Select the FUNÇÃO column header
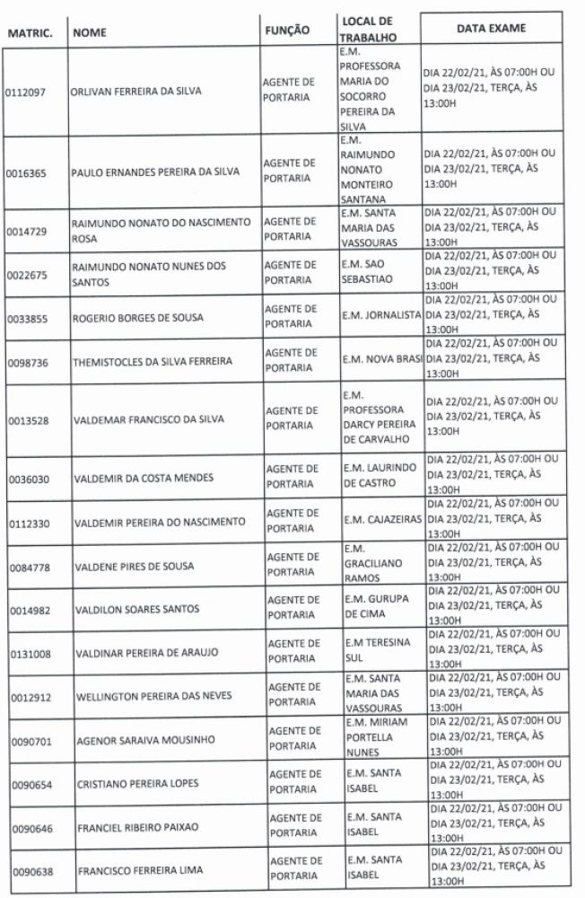287,30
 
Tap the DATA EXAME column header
491,28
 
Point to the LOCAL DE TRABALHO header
368,29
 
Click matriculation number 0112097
26,92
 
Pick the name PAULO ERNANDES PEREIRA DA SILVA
154,172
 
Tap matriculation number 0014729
26,231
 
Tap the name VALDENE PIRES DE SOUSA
134,565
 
